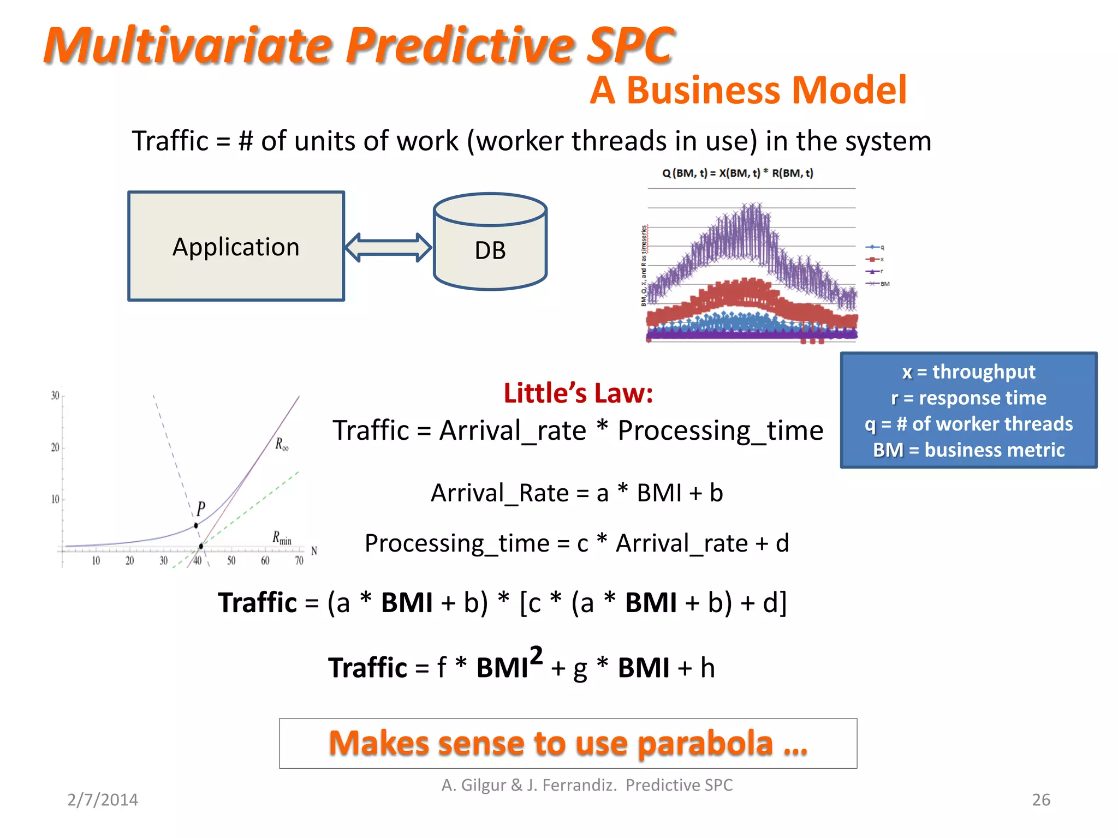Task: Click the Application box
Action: coord(236,246)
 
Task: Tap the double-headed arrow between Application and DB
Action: coord(388,247)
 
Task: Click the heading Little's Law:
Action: coord(578,393)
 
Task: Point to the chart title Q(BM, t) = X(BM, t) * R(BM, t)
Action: coord(738,173)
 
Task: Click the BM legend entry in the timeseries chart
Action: coord(879,284)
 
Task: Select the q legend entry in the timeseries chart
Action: coord(876,247)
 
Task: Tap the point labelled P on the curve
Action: coord(196,525)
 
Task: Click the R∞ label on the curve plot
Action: coord(282,444)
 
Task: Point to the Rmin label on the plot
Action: coord(282,538)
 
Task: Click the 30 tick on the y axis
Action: coord(55,396)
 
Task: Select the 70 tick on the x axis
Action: coord(299,560)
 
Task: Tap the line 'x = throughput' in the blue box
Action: coord(968,372)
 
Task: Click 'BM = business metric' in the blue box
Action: coord(968,450)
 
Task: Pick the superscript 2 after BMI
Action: coord(536,655)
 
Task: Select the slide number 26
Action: coord(1040,800)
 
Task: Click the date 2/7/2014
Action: coord(103,800)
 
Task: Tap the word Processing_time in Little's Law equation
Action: coord(720,430)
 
